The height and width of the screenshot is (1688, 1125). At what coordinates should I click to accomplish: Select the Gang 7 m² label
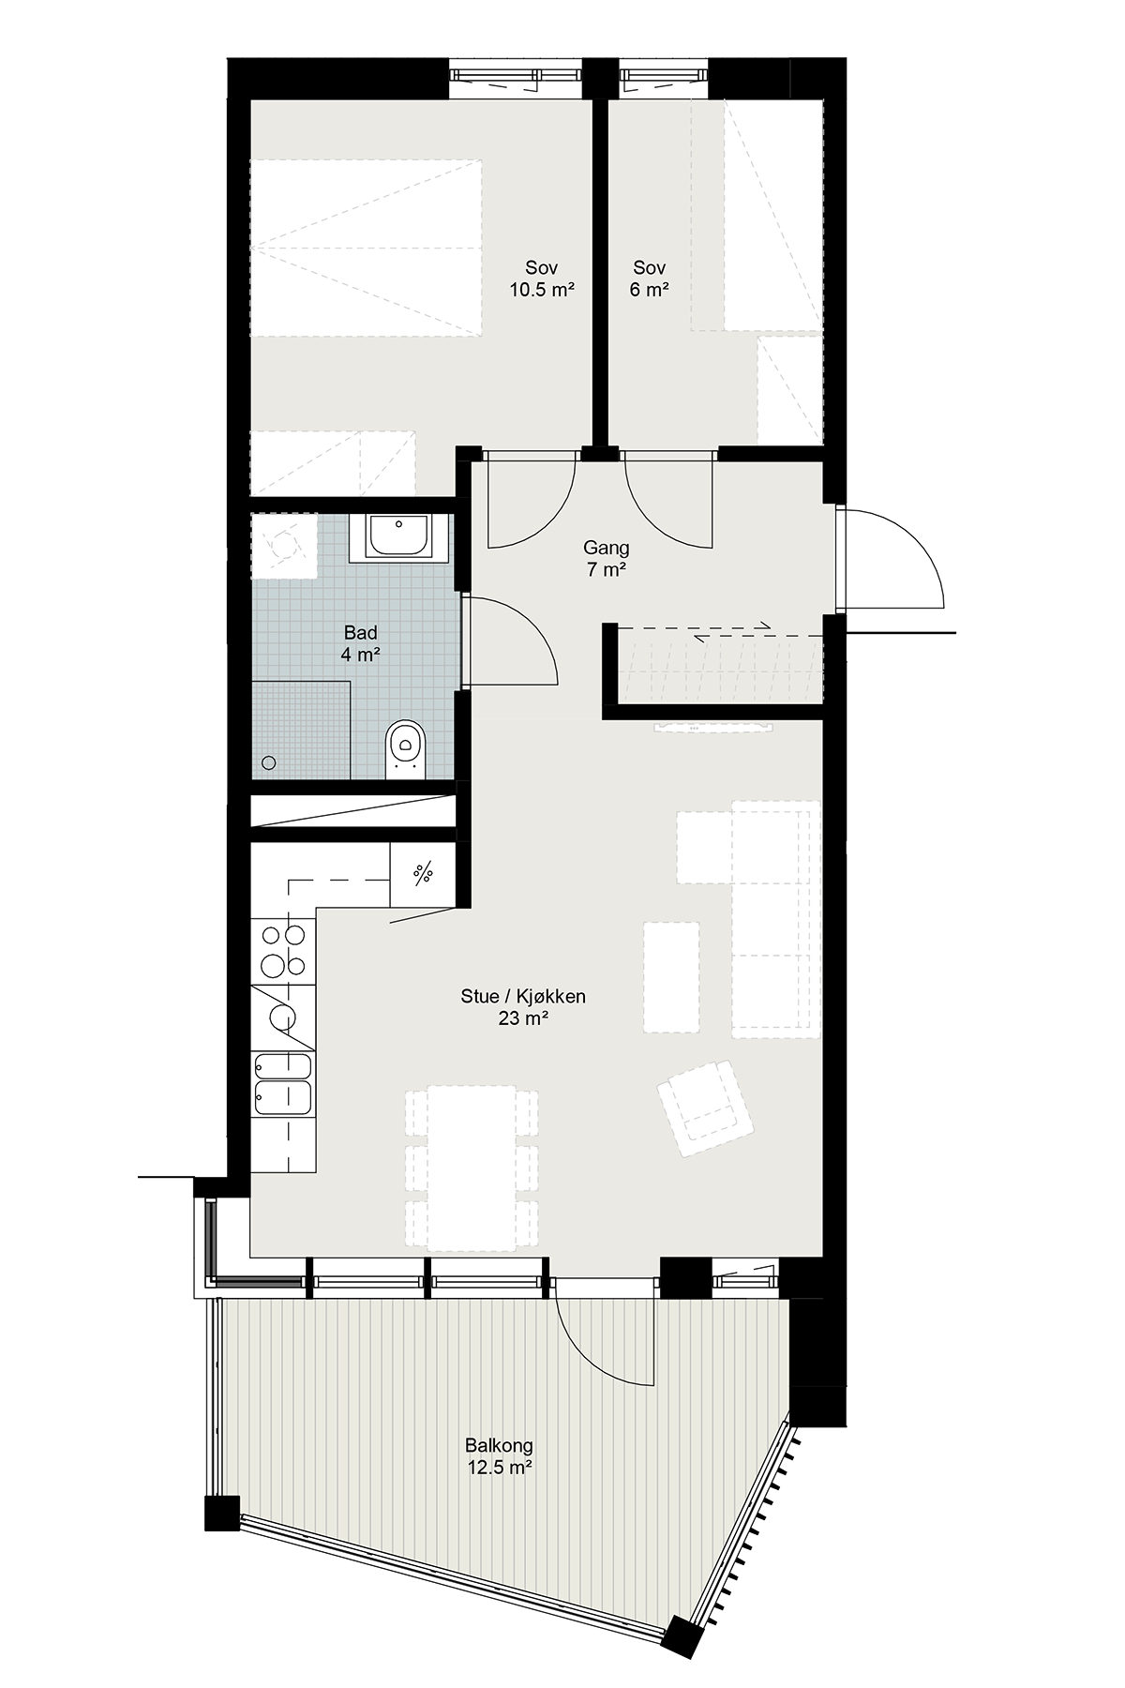[x=607, y=559]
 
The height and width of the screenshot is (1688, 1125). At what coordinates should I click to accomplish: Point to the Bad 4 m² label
[x=361, y=644]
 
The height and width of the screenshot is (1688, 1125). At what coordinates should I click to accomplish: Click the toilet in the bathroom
[x=405, y=747]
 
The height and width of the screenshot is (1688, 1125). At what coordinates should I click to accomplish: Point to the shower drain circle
[x=269, y=762]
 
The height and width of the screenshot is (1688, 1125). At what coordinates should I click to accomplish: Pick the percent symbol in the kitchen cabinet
[x=424, y=872]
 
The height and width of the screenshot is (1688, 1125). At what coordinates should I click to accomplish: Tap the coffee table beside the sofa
[x=671, y=976]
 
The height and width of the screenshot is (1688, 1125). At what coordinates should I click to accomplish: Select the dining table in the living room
[x=472, y=1168]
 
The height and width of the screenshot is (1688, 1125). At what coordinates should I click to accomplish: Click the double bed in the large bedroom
[x=366, y=247]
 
